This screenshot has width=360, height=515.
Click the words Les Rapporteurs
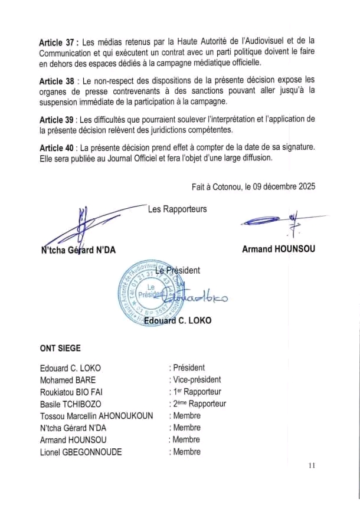point(177,209)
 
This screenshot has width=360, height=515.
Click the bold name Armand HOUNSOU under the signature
point(278,249)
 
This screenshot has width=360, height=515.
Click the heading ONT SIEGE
point(60,349)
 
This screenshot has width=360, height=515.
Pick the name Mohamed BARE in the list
point(67,380)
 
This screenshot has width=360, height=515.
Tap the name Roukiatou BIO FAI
point(76,392)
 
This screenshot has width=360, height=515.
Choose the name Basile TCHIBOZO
point(70,404)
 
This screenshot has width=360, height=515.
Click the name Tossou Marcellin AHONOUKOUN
point(96,416)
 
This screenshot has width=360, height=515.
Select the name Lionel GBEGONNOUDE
point(81,452)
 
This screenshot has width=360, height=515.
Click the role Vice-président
point(197,380)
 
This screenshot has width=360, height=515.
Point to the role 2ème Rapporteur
point(199,404)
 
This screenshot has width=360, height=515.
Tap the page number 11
point(312,466)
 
